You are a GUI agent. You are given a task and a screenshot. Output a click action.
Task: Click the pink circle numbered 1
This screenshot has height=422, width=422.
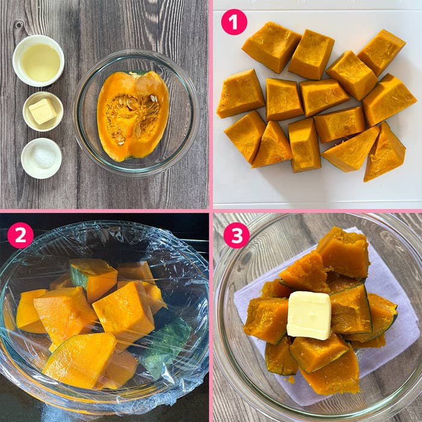coord(234,22)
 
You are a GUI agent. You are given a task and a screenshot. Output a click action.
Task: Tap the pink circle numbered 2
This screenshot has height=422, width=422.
coord(20,235)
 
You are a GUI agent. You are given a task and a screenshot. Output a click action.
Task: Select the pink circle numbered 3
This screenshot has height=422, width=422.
coord(237,235)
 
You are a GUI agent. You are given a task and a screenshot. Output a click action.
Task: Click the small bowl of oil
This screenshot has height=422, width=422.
coord(39,61)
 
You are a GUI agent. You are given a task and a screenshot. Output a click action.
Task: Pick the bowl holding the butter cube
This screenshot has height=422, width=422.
coord(43,112)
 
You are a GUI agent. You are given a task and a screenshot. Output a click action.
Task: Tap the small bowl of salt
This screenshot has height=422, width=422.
coord(42,158)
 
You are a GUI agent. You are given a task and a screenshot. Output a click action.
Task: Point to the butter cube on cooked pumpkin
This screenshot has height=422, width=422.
coord(309,315)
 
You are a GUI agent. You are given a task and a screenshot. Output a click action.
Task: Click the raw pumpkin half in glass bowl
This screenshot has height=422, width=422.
coord(133,116)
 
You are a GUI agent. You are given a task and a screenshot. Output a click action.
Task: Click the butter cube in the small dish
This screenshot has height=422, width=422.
coord(43,111)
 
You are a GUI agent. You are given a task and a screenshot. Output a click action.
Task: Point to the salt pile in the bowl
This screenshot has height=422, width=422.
coord(43,158)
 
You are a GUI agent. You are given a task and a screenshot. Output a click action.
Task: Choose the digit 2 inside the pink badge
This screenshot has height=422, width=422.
coord(20,235)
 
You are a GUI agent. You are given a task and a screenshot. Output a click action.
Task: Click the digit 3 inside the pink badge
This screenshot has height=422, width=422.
coord(237,235)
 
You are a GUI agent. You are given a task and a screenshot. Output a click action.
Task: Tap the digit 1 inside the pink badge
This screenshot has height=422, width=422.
coord(233,22)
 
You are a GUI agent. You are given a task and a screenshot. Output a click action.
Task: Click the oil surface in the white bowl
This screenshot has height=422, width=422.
coord(40,63)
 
